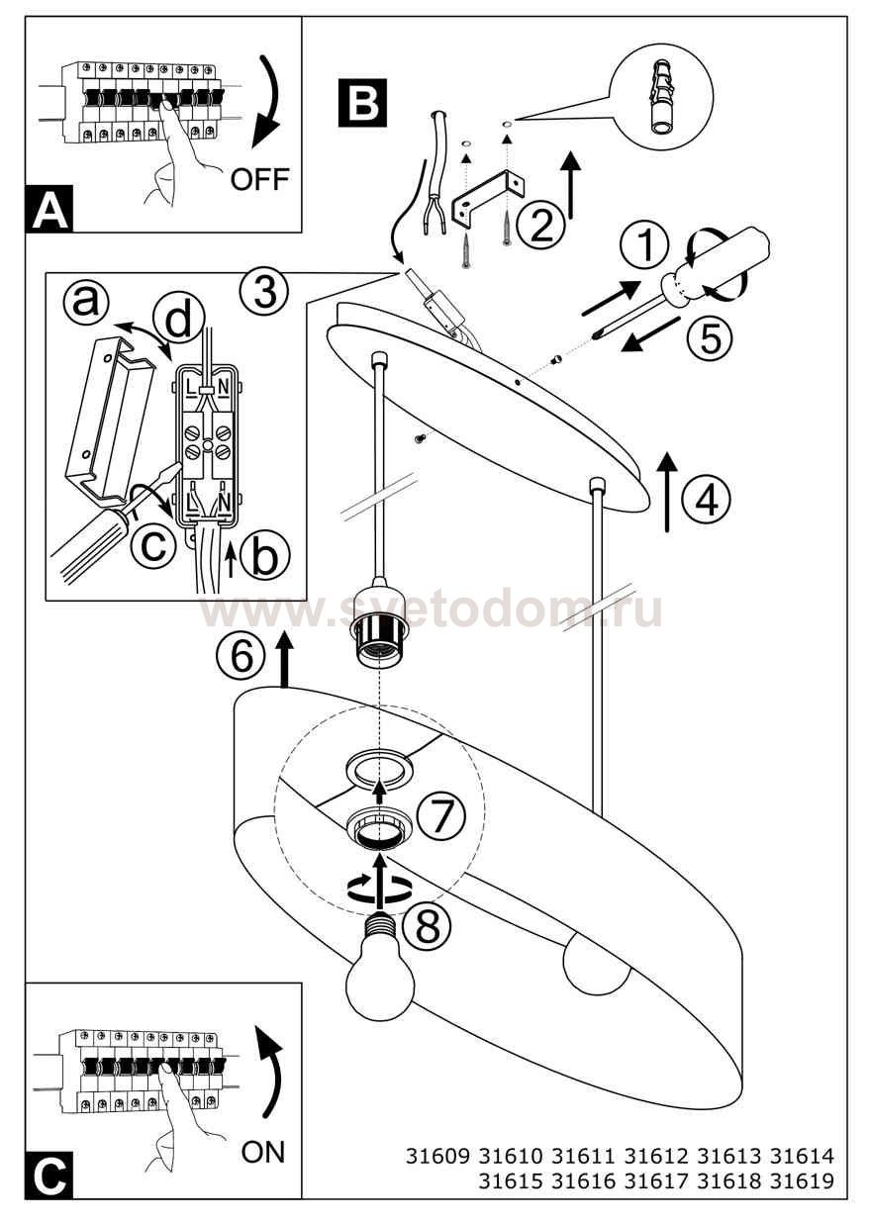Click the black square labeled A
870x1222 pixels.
(50, 210)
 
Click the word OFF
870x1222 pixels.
(259, 179)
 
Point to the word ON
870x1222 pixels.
(262, 1152)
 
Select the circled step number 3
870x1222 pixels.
(265, 291)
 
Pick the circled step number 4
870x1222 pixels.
(706, 500)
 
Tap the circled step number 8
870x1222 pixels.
(426, 925)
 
